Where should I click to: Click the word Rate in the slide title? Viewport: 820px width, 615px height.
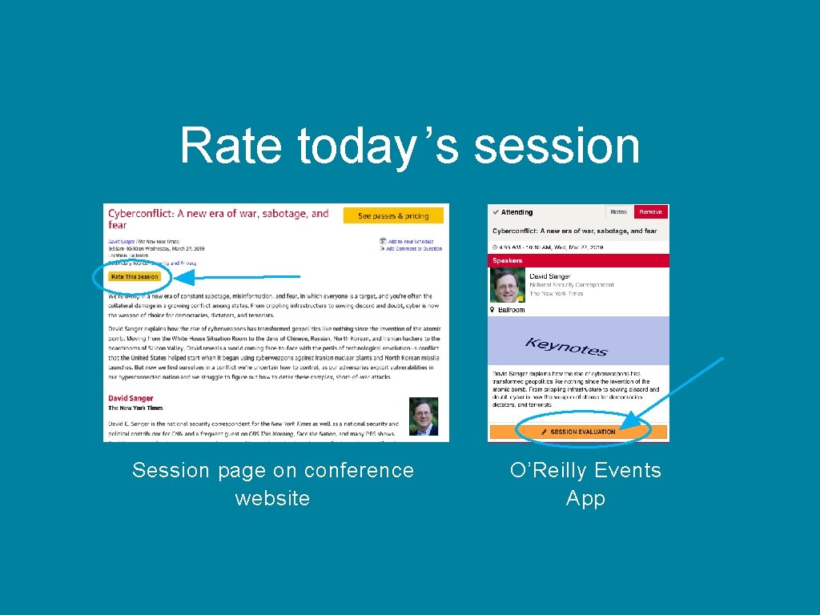tap(231, 146)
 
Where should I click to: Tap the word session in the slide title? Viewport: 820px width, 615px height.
tap(557, 146)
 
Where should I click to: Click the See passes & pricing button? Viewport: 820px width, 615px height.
tap(393, 215)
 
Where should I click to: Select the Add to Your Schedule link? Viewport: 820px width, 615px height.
tap(410, 241)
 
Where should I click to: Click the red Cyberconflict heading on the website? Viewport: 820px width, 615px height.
tap(218, 219)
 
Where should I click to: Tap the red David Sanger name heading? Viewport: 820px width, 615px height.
tap(131, 398)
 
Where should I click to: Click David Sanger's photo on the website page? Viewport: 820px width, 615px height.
tap(424, 416)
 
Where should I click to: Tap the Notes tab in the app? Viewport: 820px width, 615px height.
tap(619, 212)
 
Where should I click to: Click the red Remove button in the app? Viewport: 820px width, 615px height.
tap(650, 212)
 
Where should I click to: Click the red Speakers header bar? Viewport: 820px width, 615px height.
tap(577, 260)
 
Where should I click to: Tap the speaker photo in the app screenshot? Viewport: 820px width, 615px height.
tap(508, 286)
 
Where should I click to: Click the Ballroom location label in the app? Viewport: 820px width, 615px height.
tap(509, 310)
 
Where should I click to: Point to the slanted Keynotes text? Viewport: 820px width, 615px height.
tap(565, 347)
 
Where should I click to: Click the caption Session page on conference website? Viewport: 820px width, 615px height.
tap(272, 484)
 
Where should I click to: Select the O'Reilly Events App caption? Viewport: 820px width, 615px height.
tap(585, 484)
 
